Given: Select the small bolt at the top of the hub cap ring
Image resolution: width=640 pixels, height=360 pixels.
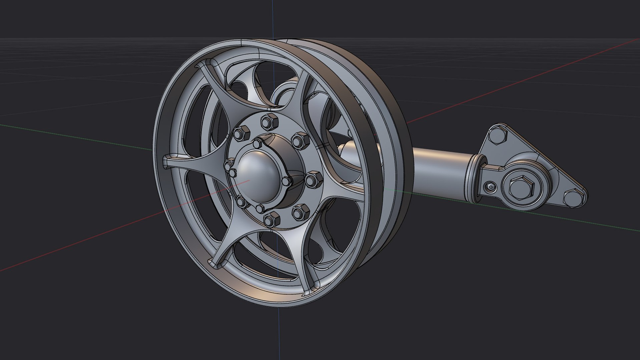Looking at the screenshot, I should point(257,144).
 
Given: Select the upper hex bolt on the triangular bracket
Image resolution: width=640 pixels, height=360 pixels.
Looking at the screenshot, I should point(496,136).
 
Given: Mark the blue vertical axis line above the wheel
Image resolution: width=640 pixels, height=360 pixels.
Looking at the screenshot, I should point(273,20).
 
